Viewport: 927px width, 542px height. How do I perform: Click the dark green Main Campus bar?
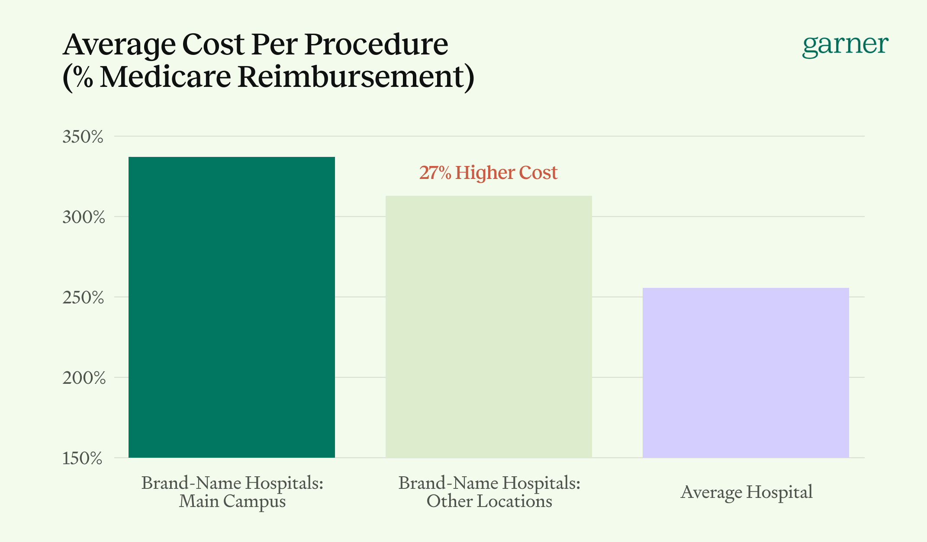(232, 307)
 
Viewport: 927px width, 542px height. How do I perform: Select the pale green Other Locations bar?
(489, 326)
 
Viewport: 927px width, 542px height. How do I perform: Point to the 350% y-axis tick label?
(83, 137)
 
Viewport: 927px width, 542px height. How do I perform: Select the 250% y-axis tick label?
(83, 298)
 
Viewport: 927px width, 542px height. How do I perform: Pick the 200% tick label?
(84, 378)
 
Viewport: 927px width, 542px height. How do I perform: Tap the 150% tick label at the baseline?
(82, 459)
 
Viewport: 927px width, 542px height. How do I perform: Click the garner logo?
(845, 45)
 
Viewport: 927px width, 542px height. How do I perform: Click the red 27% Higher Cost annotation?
(488, 173)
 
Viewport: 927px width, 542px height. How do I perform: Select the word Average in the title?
(119, 45)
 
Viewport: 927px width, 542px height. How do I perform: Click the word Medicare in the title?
(166, 77)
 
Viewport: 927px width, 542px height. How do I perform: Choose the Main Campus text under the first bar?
(232, 501)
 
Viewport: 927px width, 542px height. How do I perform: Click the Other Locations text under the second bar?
(489, 501)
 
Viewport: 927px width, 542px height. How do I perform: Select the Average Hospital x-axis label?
(746, 492)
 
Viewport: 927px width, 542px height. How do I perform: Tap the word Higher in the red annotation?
(485, 173)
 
